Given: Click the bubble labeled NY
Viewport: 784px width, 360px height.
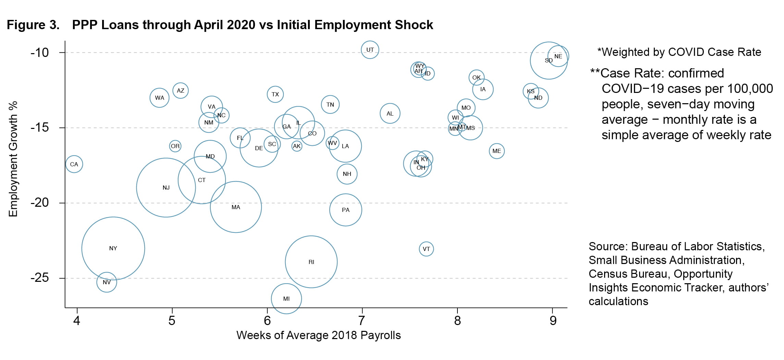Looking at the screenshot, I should (113, 248).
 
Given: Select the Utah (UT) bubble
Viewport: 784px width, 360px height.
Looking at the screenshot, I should (370, 50).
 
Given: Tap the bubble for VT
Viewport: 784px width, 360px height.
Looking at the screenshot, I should (426, 249).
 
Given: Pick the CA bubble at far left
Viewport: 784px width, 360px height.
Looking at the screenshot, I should (74, 164).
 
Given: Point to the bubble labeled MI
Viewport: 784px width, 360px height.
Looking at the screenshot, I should (286, 299).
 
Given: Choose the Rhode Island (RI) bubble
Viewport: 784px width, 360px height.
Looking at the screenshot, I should (311, 262).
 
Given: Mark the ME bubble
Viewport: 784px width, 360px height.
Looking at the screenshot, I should (497, 151).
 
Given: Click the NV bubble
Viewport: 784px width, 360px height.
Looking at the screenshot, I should (107, 282).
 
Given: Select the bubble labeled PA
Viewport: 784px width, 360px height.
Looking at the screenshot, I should (346, 210).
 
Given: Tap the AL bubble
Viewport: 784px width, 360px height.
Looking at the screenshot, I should (390, 113).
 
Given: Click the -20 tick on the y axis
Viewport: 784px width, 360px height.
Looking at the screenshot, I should (40, 203).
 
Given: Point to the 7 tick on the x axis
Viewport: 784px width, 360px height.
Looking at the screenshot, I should (362, 321).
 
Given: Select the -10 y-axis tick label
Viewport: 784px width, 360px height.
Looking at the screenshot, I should (40, 52).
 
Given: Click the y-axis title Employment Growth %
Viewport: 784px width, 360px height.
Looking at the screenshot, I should (13, 159).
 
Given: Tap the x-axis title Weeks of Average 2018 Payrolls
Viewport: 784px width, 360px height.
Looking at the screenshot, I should (318, 335).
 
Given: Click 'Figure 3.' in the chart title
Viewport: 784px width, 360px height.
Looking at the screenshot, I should (33, 25).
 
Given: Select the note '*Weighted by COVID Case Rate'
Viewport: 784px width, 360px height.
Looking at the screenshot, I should (679, 52).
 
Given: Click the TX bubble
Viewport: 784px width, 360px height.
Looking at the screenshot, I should (275, 94).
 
